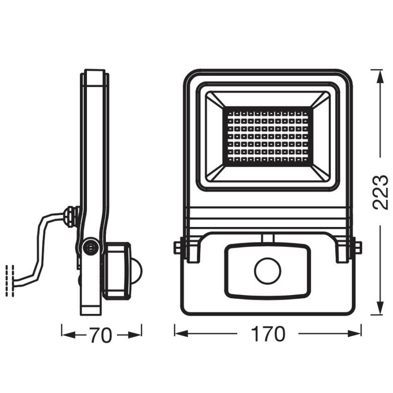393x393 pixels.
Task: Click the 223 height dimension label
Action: click(x=380, y=192)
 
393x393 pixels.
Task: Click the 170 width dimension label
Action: click(x=268, y=334)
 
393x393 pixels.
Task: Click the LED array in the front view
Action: click(x=267, y=136)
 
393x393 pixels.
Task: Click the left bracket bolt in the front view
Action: click(x=178, y=248)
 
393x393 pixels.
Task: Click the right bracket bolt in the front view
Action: click(x=356, y=248)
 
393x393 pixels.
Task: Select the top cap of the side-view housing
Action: click(x=95, y=78)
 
